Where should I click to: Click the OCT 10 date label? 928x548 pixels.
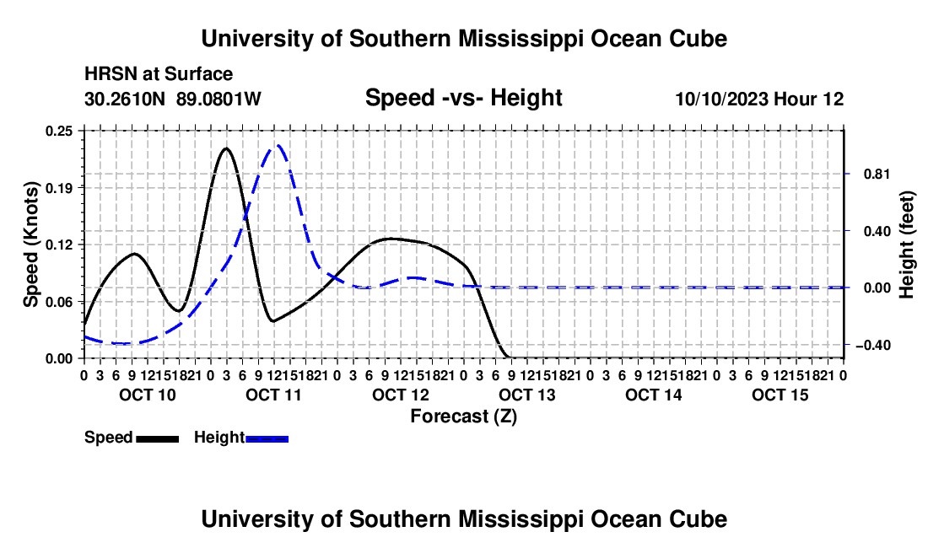[x=148, y=395]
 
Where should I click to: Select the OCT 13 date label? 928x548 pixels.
[x=527, y=395]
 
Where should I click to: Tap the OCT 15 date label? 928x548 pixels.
[x=780, y=395]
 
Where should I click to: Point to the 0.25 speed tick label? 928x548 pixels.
[x=59, y=131]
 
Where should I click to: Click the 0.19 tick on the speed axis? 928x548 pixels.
[x=59, y=188]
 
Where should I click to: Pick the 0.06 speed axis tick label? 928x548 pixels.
[x=59, y=302]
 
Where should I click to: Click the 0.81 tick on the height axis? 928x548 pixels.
[x=877, y=174]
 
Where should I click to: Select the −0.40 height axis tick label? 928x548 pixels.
[x=872, y=345]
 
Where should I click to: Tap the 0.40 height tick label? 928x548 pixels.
[x=877, y=230]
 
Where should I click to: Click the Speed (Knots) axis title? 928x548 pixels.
[x=30, y=244]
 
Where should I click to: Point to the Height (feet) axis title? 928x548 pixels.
[x=907, y=244]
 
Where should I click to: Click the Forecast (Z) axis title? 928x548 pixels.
[x=464, y=416]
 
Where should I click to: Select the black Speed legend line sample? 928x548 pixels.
[x=158, y=438]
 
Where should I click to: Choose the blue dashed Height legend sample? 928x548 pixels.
[x=267, y=438]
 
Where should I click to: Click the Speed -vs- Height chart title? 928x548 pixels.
[x=464, y=98]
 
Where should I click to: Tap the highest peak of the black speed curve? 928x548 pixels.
[x=225, y=148]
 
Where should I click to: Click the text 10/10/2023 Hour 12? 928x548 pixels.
[x=760, y=99]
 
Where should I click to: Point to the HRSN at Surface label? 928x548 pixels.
[x=159, y=74]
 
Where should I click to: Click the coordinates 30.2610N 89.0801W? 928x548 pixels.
[x=173, y=99]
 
